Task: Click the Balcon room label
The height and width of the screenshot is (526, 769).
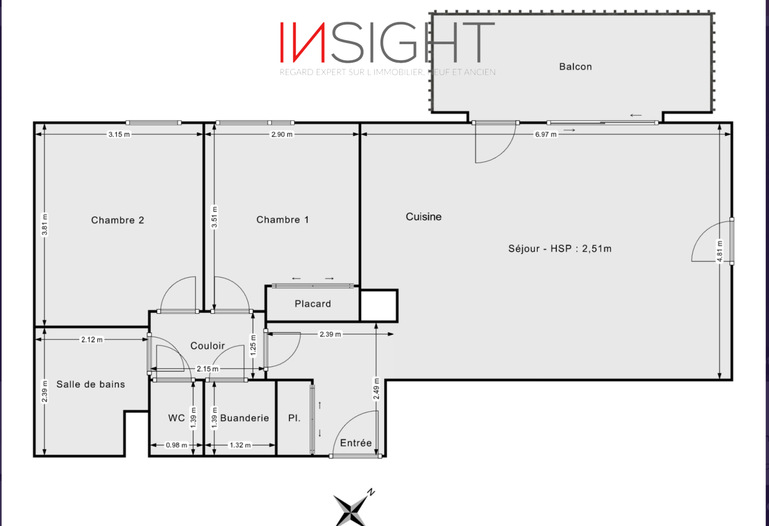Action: (575, 67)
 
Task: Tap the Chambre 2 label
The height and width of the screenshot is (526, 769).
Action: (118, 220)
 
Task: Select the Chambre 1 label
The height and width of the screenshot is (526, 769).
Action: (283, 220)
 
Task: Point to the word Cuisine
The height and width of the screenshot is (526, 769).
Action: (423, 217)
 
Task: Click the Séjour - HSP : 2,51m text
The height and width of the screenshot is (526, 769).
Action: (560, 248)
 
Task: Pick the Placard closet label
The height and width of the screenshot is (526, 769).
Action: (313, 304)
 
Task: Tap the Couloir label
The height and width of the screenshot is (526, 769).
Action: (208, 346)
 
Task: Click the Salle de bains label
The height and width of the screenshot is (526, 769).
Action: (91, 384)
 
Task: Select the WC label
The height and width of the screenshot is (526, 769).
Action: (176, 418)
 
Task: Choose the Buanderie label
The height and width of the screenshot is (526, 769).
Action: (245, 418)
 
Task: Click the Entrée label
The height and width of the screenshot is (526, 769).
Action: (356, 443)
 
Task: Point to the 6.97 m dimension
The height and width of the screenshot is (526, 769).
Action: (546, 135)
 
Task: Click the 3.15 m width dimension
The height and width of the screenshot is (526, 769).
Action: (119, 135)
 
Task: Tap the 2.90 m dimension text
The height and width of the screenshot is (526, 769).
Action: (282, 135)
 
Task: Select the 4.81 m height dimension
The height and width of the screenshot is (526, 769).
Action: (719, 251)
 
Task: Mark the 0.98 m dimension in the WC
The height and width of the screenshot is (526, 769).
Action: (176, 445)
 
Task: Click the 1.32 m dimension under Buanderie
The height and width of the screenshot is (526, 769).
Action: (240, 445)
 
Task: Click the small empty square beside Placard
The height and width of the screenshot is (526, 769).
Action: (379, 306)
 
